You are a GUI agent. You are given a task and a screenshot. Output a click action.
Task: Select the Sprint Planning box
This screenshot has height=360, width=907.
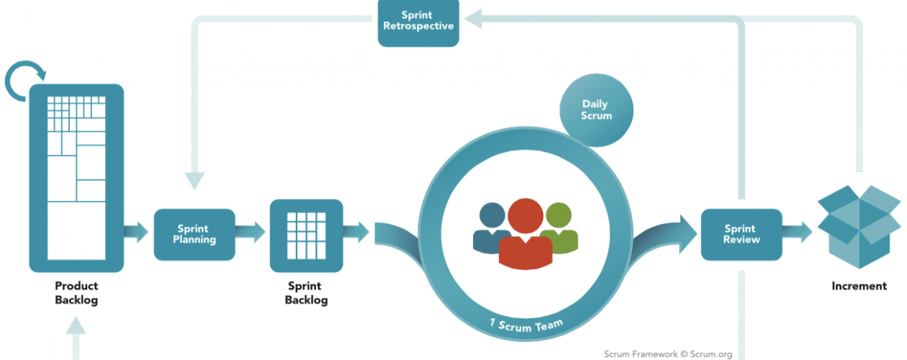(194, 234)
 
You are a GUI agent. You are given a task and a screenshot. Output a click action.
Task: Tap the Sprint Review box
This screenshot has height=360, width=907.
(741, 234)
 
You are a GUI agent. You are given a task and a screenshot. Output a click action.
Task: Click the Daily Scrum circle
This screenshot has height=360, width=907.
(597, 110)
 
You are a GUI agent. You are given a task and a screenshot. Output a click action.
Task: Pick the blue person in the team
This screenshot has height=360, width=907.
(491, 226)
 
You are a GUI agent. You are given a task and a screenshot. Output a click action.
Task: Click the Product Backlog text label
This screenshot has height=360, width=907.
(76, 293)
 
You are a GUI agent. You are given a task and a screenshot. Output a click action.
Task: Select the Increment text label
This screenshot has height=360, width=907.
(859, 286)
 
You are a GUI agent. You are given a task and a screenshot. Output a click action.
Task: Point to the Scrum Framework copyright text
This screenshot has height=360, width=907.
(668, 354)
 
